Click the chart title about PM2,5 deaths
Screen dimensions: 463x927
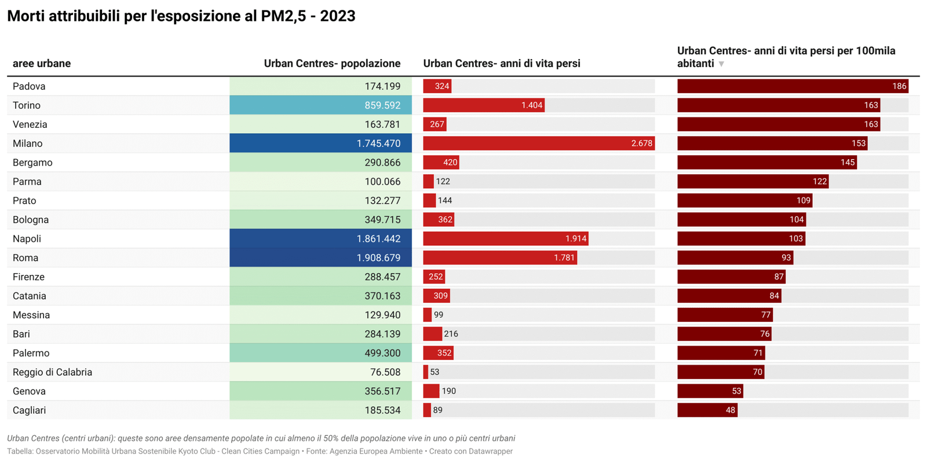tap(181, 16)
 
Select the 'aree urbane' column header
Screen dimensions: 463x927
tap(42, 64)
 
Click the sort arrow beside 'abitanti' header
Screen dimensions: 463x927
tap(721, 64)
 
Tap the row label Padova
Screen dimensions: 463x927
tap(29, 86)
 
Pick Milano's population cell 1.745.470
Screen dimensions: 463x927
tap(320, 144)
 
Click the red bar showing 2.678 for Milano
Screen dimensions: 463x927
tap(538, 144)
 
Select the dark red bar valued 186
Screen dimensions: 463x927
tap(792, 86)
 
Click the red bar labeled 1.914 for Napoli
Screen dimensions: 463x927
tap(505, 238)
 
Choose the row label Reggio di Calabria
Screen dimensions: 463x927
tap(52, 372)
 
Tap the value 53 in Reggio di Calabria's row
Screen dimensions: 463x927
tap(435, 372)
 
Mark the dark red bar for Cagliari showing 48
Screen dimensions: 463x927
tap(707, 410)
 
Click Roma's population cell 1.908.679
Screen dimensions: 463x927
tap(320, 258)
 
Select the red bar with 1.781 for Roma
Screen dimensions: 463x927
tap(499, 258)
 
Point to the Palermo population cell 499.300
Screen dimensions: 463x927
tap(320, 353)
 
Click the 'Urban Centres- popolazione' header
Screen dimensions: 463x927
tap(332, 64)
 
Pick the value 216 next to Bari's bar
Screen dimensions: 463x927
tap(451, 334)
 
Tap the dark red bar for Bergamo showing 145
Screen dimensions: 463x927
tap(767, 163)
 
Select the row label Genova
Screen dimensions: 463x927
tap(29, 391)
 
